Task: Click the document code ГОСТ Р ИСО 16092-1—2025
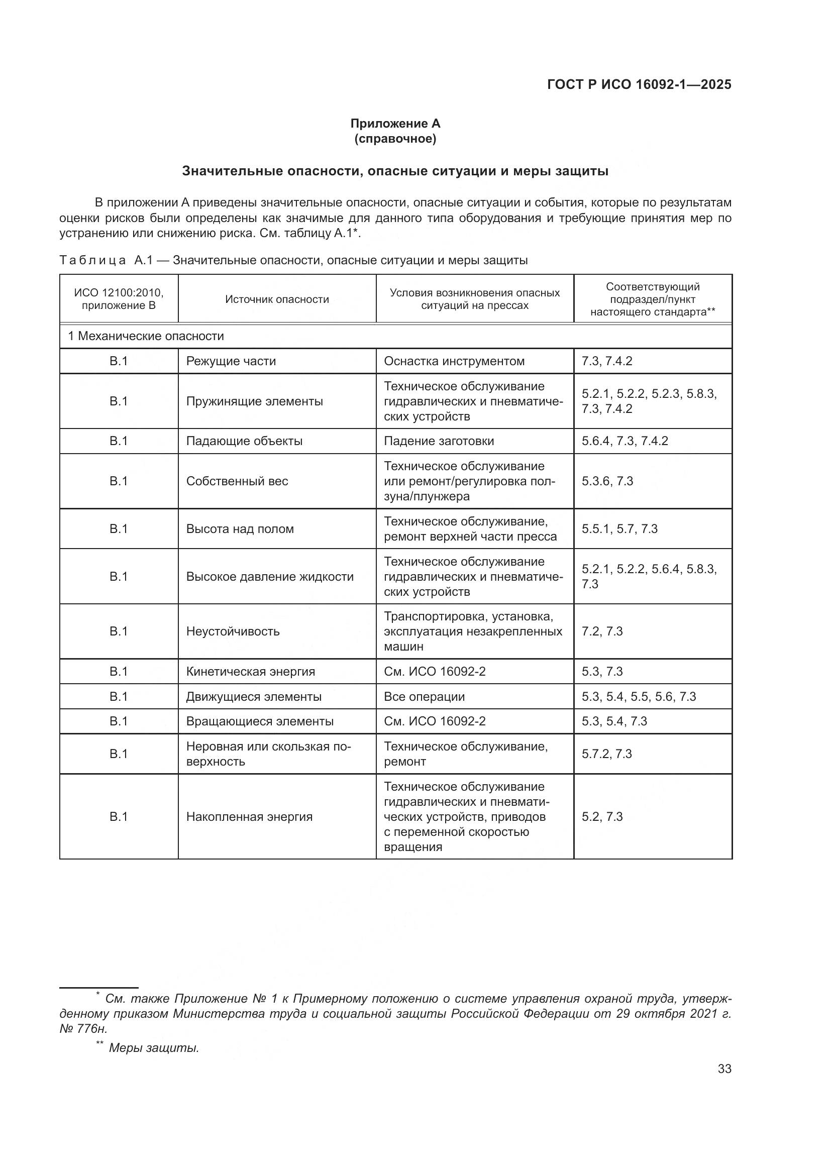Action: (x=639, y=84)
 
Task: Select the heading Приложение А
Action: (x=395, y=124)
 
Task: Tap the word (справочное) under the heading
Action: (x=395, y=139)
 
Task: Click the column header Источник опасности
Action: (x=277, y=299)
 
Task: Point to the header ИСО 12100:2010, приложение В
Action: (x=119, y=299)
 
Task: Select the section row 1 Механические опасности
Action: (x=146, y=336)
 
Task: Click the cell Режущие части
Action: (x=231, y=361)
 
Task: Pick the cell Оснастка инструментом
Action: (x=454, y=361)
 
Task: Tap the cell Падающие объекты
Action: (x=244, y=441)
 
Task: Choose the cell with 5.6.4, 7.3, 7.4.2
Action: (x=625, y=441)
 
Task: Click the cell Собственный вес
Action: (x=237, y=481)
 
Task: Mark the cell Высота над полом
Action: (x=240, y=529)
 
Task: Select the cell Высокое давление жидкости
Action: (x=270, y=577)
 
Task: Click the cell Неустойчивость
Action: (x=233, y=631)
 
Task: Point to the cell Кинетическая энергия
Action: (x=250, y=672)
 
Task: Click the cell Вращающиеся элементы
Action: (x=259, y=721)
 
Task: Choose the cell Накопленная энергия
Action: (x=249, y=817)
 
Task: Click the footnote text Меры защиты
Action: (x=154, y=1048)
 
